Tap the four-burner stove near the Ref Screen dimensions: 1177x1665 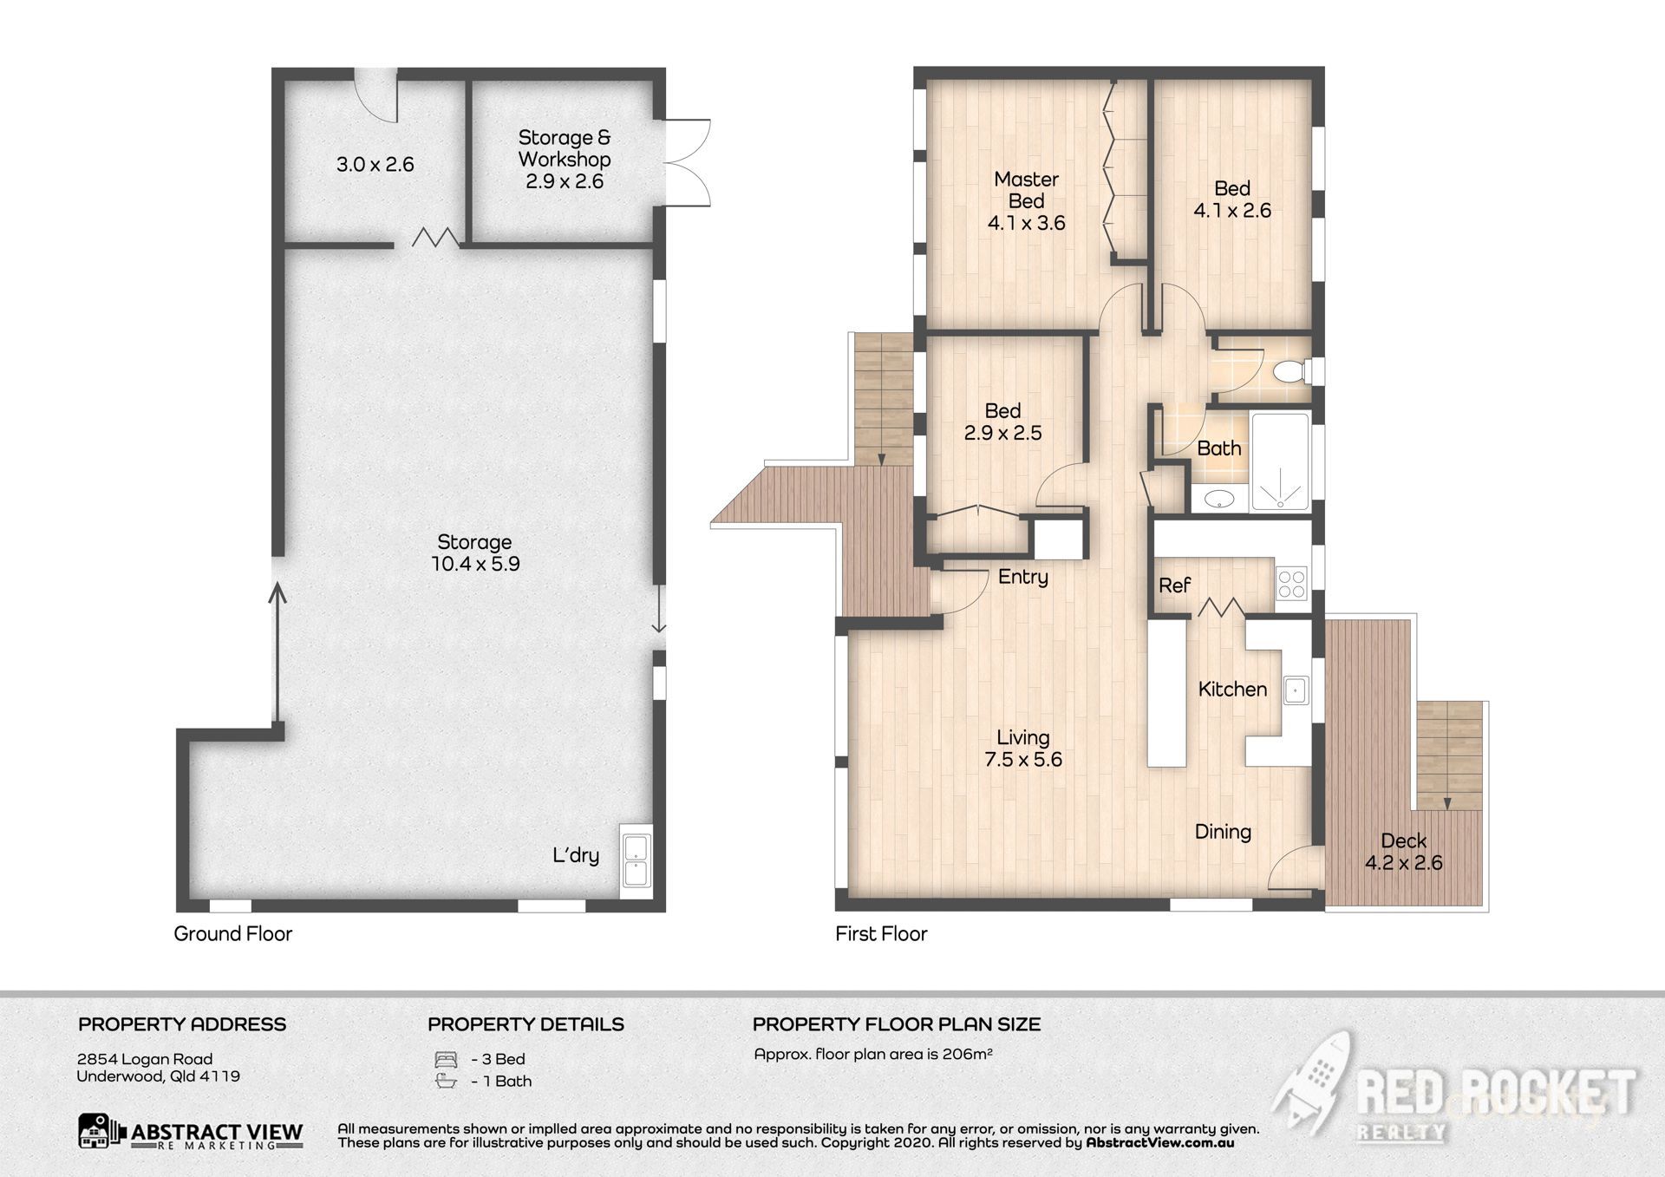tap(1290, 584)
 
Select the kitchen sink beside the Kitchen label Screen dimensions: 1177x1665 tap(1296, 690)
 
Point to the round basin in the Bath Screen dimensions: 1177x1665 tap(1220, 499)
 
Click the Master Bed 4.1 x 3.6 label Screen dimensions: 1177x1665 tap(1026, 201)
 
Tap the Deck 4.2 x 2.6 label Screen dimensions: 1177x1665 tap(1403, 852)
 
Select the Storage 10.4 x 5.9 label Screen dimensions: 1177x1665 tap(475, 553)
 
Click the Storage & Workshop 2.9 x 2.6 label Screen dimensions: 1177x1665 tap(565, 160)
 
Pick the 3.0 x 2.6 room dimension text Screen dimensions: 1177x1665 tap(375, 164)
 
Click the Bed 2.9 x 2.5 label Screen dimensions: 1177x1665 tap(1002, 422)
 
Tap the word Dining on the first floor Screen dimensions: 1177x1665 tap(1223, 832)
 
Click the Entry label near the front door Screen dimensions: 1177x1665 tap(1022, 577)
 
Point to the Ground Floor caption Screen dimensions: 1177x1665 tap(232, 933)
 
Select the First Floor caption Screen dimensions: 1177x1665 tap(881, 933)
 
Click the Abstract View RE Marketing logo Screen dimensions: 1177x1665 tap(191, 1132)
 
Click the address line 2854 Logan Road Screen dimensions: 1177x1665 tap(145, 1058)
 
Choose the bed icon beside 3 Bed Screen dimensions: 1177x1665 tap(446, 1059)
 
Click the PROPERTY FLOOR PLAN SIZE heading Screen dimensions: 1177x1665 tap(896, 1023)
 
